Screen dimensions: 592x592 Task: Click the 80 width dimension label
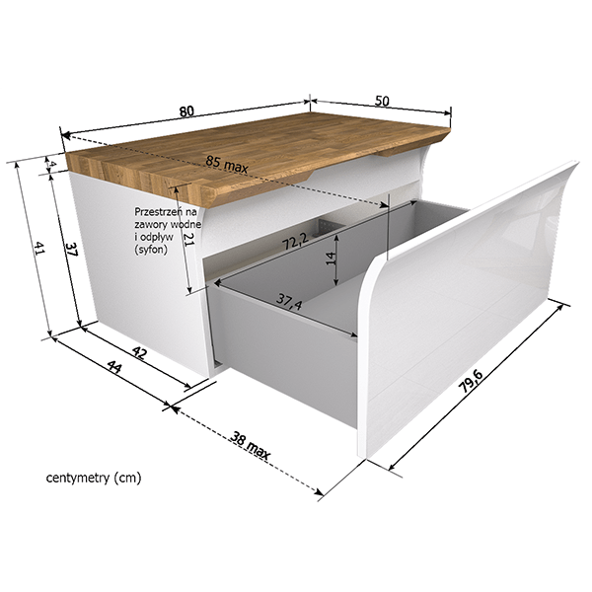coord(186,111)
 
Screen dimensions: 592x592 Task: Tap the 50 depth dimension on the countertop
coord(382,101)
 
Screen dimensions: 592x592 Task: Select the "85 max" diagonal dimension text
coord(227,164)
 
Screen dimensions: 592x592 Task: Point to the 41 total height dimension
coord(39,249)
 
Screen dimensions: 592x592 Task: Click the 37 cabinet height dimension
coord(71,250)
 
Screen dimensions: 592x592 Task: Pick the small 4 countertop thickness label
coord(53,164)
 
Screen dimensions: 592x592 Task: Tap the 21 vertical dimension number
coord(187,239)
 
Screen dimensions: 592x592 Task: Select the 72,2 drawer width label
coord(296,242)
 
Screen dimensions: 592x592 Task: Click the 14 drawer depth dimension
coord(331,259)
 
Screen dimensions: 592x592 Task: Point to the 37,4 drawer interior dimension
coord(289,301)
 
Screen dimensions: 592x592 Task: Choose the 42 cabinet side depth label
coord(139,353)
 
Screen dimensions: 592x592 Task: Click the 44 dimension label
coord(114,366)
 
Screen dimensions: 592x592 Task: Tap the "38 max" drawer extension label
coord(250,446)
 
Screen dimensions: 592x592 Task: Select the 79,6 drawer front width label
coord(471,381)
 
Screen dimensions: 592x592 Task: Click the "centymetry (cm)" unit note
coord(94,478)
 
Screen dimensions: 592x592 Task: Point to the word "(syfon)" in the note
coord(151,250)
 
